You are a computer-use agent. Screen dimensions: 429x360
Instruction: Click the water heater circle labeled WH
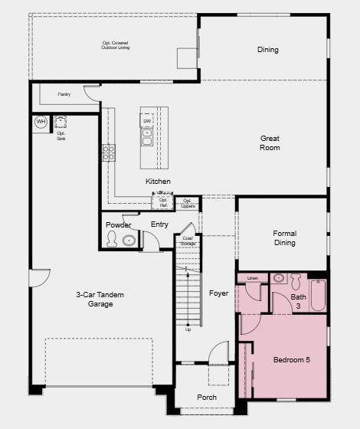point(41,122)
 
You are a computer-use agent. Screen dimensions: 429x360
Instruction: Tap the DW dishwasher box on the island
point(147,121)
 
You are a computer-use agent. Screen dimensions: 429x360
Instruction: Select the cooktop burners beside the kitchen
point(109,152)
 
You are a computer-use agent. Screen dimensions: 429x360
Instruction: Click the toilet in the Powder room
point(113,241)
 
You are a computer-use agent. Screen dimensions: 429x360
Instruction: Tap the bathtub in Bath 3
point(319,295)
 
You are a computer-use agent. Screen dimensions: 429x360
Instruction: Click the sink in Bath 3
point(279,278)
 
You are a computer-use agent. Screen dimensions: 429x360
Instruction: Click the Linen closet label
point(253,277)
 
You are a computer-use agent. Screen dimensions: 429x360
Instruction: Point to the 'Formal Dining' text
point(284,238)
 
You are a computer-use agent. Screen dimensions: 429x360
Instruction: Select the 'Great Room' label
point(270,143)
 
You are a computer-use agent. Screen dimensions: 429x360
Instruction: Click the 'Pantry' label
point(64,94)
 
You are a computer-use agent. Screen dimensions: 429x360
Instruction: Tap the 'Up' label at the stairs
point(188,329)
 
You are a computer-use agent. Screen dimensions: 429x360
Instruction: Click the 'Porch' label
point(207,398)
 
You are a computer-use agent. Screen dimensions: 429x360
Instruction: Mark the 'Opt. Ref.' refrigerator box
point(163,203)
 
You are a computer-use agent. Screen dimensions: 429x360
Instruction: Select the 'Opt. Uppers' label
point(188,203)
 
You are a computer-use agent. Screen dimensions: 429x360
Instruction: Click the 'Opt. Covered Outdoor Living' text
point(116,45)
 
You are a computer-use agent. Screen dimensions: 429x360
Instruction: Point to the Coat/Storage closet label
point(188,241)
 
